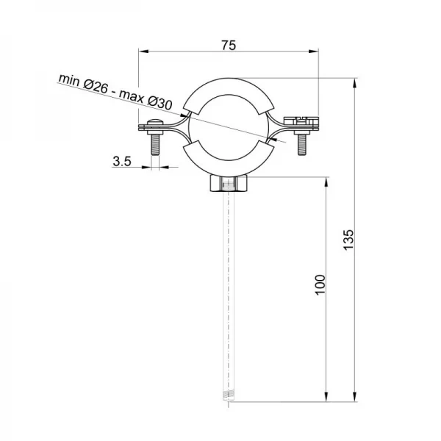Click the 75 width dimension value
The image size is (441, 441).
(x=228, y=46)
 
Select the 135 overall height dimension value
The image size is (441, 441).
(x=349, y=240)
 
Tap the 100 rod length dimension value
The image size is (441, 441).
(x=319, y=285)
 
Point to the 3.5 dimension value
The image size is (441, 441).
(x=123, y=162)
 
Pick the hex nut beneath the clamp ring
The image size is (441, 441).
(x=228, y=184)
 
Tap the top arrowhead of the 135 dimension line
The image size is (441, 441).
(x=356, y=82)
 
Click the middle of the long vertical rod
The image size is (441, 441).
(x=228, y=294)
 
